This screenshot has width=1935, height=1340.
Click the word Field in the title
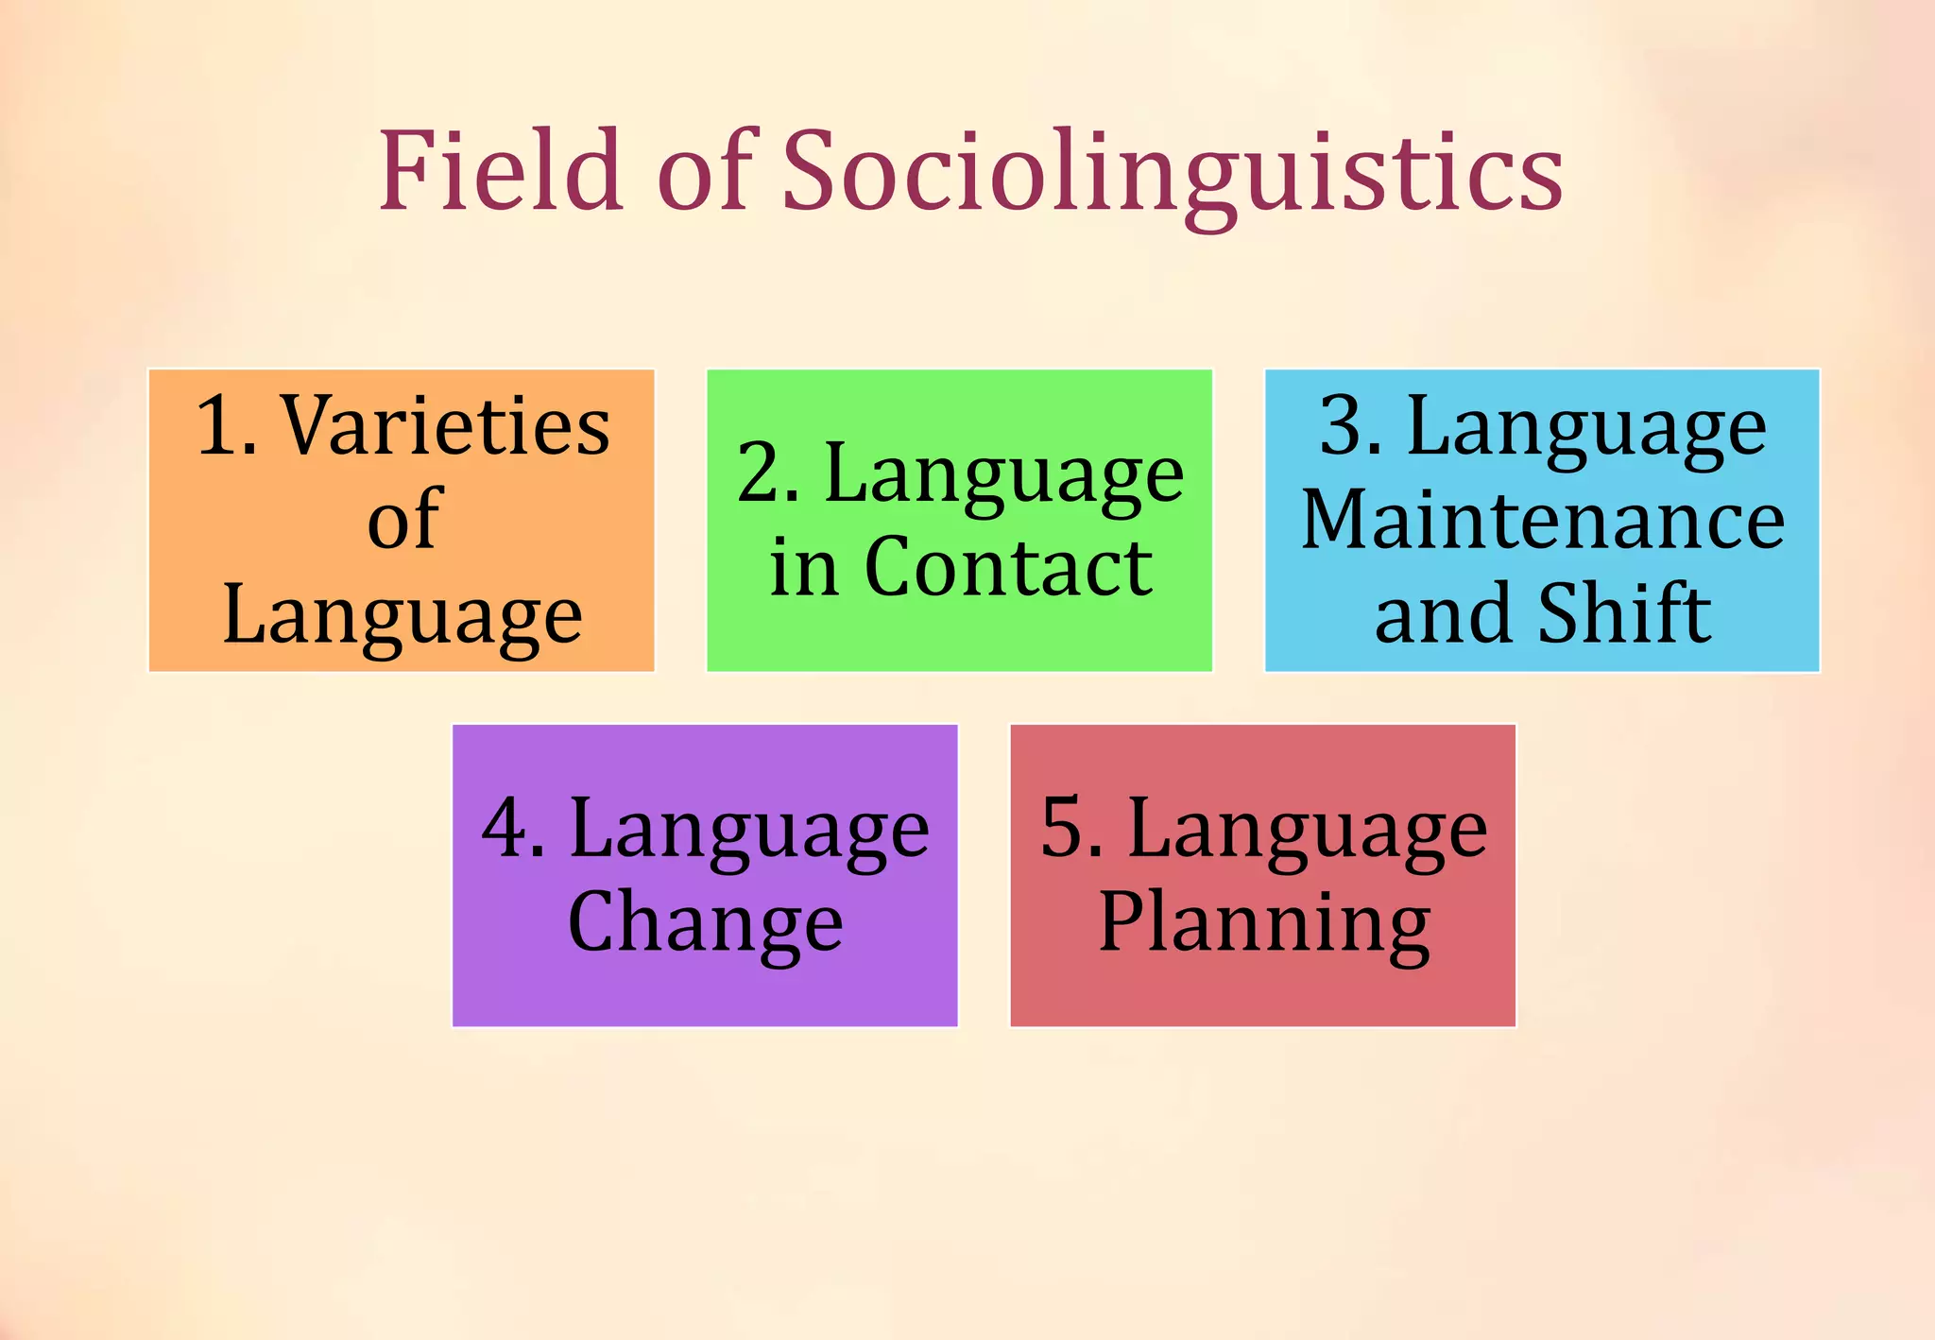point(501,171)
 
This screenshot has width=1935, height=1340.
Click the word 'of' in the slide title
point(707,171)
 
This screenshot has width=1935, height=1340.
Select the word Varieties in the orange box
point(447,426)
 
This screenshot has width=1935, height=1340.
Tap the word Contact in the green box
point(1008,568)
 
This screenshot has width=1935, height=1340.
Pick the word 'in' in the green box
point(804,568)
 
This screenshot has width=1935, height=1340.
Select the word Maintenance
point(1542,521)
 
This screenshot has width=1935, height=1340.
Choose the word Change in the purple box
point(705,923)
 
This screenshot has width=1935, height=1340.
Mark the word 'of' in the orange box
point(403,521)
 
